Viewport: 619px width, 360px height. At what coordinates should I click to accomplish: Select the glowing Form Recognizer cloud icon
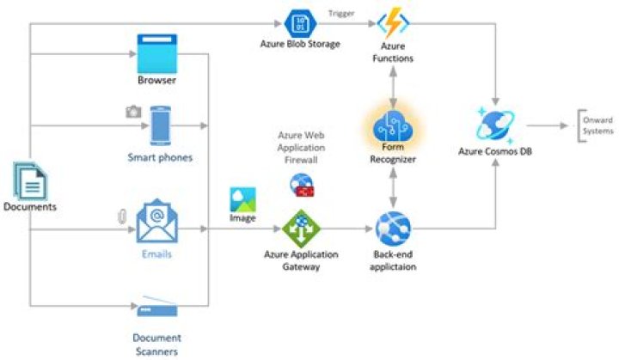click(x=393, y=125)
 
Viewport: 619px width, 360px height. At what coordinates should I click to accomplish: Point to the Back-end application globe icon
click(x=393, y=227)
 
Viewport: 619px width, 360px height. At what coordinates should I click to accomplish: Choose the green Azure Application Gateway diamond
click(x=300, y=229)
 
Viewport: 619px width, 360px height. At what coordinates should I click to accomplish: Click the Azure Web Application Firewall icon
click(x=303, y=185)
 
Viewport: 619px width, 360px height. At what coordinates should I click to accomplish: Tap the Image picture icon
click(x=242, y=200)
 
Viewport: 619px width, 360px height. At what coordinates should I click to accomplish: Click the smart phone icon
click(x=160, y=125)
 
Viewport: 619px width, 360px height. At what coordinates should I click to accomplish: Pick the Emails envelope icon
click(x=156, y=223)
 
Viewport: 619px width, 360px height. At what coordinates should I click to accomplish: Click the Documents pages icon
click(x=29, y=181)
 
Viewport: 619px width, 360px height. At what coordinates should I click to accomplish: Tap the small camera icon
click(x=133, y=111)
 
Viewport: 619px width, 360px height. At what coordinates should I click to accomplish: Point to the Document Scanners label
click(x=156, y=344)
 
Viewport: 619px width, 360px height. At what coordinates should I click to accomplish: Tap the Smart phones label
click(x=160, y=157)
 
